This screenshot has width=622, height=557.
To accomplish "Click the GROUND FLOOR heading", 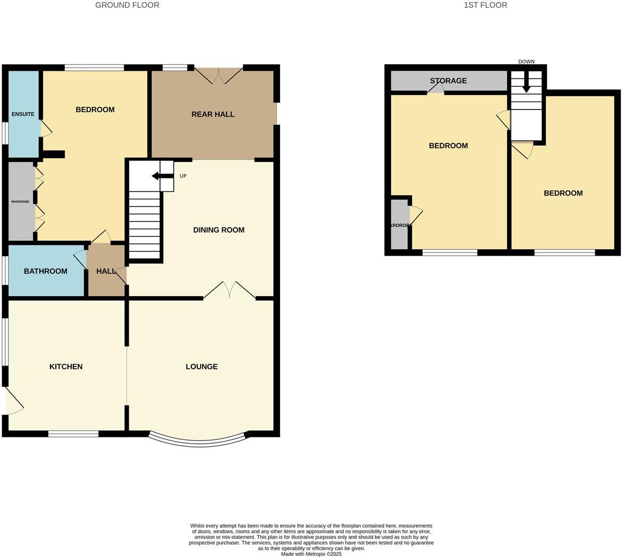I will point(127,5).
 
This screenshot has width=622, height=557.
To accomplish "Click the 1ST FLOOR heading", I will point(485,5).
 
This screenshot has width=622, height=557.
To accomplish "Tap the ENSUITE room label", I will point(23,114).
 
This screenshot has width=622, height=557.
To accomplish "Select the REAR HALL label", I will point(213,114).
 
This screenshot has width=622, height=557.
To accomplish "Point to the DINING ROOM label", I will point(218,230).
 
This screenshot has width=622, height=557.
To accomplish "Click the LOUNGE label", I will point(201,367).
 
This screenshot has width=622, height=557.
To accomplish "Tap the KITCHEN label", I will point(66,367).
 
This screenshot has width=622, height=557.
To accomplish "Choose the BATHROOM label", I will point(45,271).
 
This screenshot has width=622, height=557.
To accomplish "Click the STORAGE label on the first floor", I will point(448,81).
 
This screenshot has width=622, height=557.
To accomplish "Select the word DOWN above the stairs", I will point(526,62).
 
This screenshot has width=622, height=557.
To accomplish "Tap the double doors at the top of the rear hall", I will point(218,75).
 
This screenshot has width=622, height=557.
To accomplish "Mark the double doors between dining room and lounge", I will point(229,290).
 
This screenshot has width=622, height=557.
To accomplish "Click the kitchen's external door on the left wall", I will point(13,401).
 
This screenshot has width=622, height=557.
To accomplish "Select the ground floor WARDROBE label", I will point(21,202).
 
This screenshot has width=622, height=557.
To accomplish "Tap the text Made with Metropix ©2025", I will point(311,554).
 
